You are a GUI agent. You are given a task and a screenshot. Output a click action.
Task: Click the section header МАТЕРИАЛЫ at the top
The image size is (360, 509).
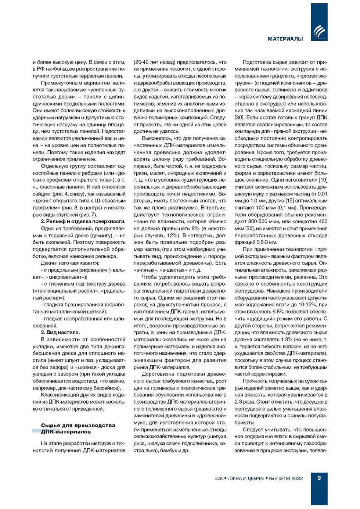(285, 39)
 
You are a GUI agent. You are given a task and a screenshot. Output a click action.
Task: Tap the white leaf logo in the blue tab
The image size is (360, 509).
(319, 32)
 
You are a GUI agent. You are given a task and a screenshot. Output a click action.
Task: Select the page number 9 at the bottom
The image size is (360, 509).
(319, 478)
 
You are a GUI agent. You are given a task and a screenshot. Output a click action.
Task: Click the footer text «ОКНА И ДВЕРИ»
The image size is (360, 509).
(245, 478)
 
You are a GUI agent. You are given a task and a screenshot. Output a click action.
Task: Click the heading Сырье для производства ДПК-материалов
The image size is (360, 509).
(78, 429)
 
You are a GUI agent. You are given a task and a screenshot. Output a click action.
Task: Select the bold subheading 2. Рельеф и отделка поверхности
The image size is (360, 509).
(83, 222)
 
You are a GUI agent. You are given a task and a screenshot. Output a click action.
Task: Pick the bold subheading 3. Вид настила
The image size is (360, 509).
(60, 332)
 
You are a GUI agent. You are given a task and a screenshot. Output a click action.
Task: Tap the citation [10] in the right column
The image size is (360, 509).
(323, 180)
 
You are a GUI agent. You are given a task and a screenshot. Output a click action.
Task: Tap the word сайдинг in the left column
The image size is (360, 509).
(42, 194)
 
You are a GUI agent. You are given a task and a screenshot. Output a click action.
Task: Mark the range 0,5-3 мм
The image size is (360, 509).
(268, 242)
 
